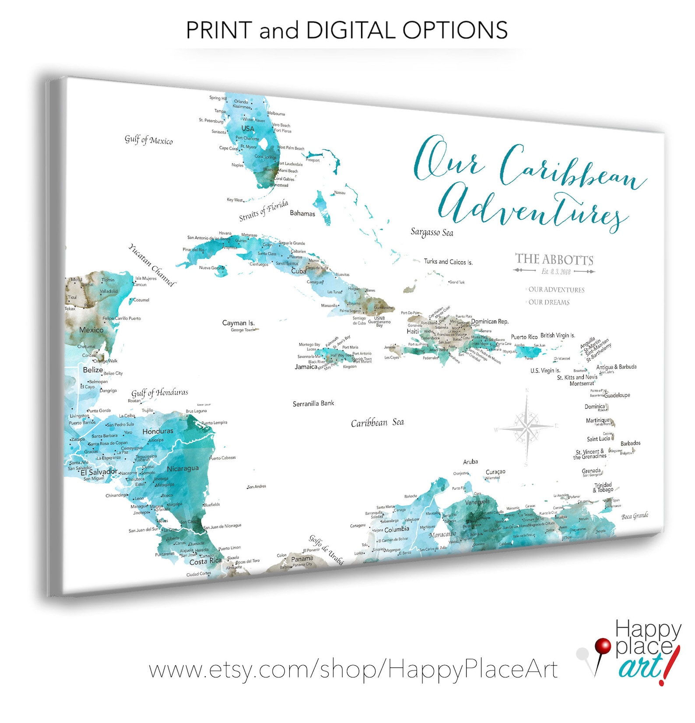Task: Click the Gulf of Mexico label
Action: click(x=148, y=140)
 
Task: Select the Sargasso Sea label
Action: click(x=432, y=232)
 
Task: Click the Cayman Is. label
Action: click(x=238, y=323)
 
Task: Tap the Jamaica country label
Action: click(x=305, y=367)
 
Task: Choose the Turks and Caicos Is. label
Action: click(x=448, y=262)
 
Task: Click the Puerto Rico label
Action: click(x=524, y=337)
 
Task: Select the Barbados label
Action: click(x=630, y=443)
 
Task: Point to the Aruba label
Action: click(x=470, y=462)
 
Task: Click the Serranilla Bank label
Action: click(x=313, y=404)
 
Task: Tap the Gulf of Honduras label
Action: click(x=160, y=393)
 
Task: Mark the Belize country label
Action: click(x=93, y=370)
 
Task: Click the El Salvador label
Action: click(x=99, y=472)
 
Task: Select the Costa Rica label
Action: click(x=205, y=562)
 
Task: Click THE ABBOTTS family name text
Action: click(x=554, y=260)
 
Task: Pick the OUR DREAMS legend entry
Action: click(x=549, y=302)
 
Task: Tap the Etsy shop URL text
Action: click(x=353, y=670)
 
